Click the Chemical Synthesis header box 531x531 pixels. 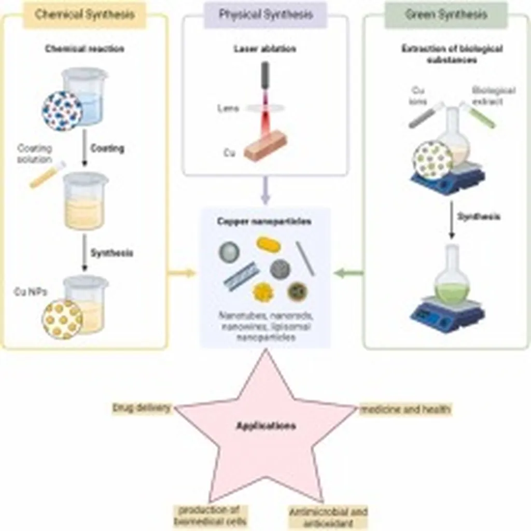(x=85, y=15)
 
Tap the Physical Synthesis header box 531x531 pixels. (x=265, y=15)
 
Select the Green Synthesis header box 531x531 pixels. (x=446, y=15)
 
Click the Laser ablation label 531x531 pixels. (x=265, y=49)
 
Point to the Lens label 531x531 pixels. (x=228, y=109)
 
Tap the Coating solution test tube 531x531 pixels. (x=47, y=175)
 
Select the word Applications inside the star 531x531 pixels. (x=266, y=426)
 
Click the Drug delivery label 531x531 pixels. (x=142, y=408)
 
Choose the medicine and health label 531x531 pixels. (x=405, y=409)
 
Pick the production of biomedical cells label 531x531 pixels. (x=211, y=515)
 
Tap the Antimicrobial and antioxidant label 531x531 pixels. (x=328, y=516)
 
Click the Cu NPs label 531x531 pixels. (x=31, y=292)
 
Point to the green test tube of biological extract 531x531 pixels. (x=478, y=115)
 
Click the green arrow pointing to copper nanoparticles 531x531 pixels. (x=349, y=273)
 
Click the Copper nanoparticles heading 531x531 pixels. (x=265, y=221)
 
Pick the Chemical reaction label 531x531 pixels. (x=85, y=49)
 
